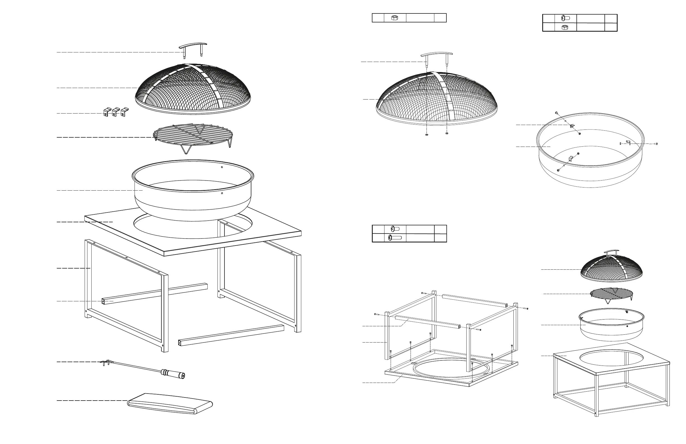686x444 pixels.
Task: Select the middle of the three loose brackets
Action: [x=115, y=112]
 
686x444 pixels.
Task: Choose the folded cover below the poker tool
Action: [x=170, y=404]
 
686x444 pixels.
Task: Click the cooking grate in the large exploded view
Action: [x=193, y=135]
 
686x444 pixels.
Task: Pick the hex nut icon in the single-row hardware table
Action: [x=395, y=18]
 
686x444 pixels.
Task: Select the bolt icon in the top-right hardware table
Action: [x=566, y=18]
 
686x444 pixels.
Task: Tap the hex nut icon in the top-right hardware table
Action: [x=565, y=27]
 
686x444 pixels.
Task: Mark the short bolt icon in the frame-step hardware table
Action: [x=395, y=229]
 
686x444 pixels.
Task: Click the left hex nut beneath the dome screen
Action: [x=427, y=134]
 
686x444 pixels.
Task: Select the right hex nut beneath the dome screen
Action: [x=447, y=133]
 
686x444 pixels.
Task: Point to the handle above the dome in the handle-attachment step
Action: [x=436, y=54]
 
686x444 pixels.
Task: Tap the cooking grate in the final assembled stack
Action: [x=611, y=294]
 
